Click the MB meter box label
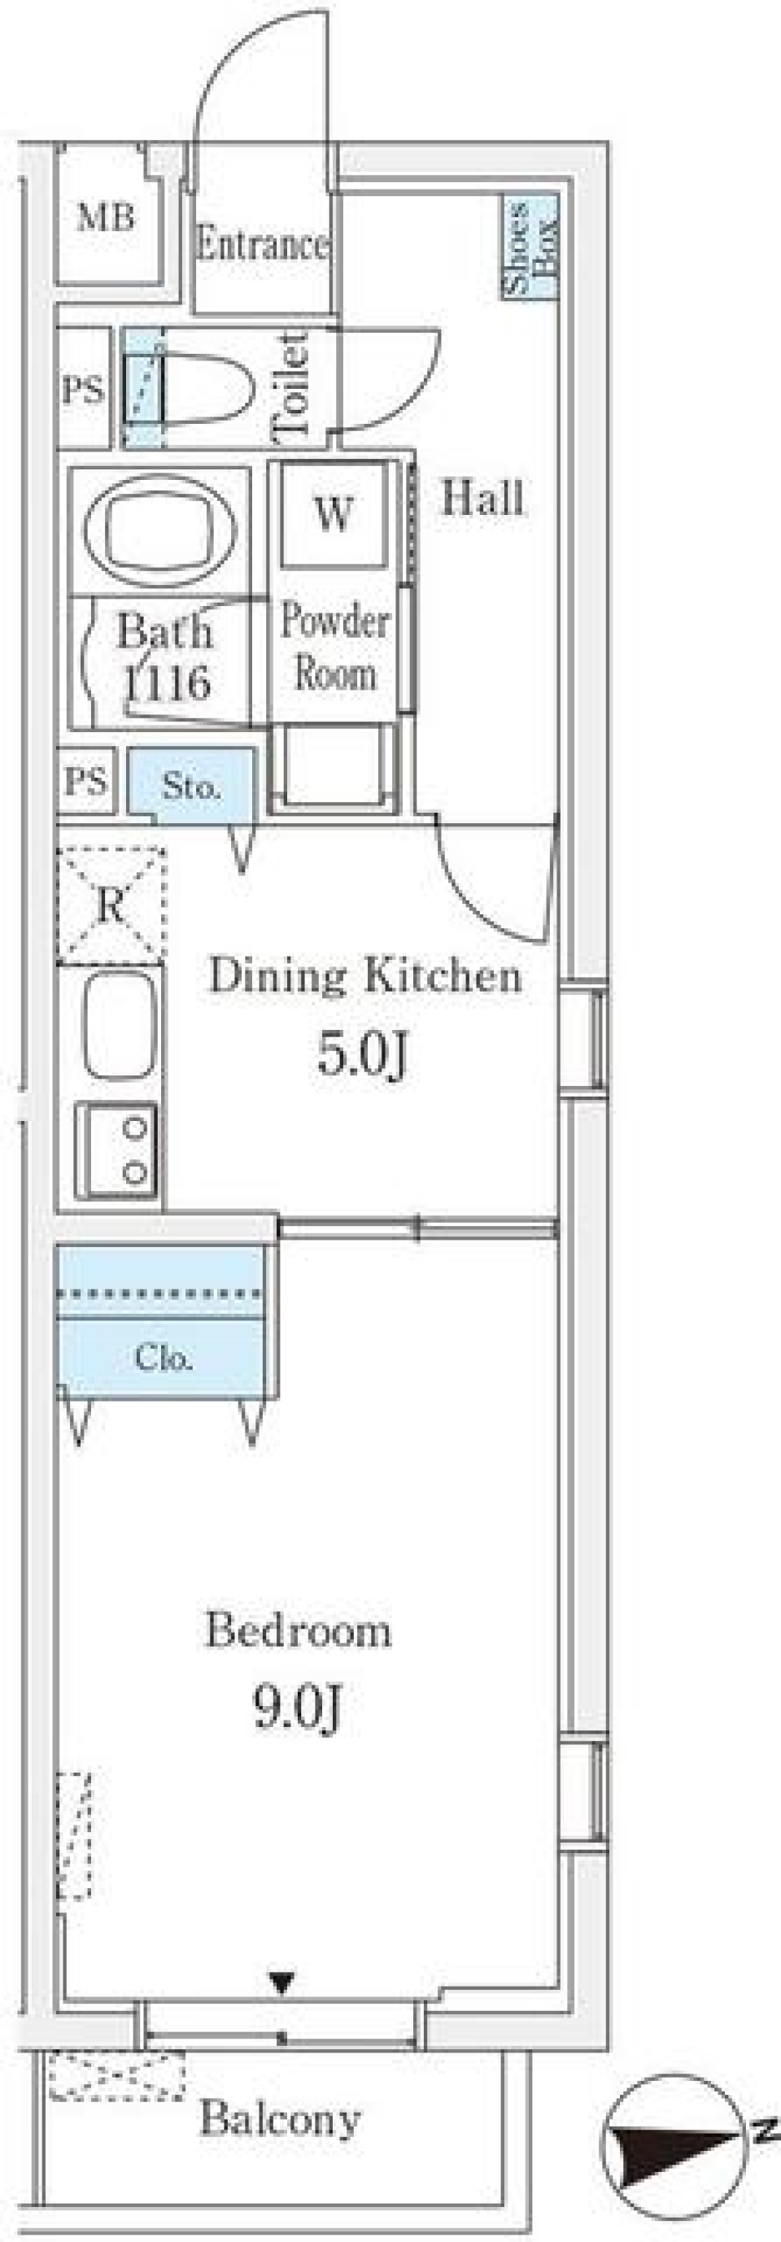coord(107,216)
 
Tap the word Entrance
coord(262,245)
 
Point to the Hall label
coord(483,499)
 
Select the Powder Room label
coord(335,648)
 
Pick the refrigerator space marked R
coord(111,905)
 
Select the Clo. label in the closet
coord(163,1357)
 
